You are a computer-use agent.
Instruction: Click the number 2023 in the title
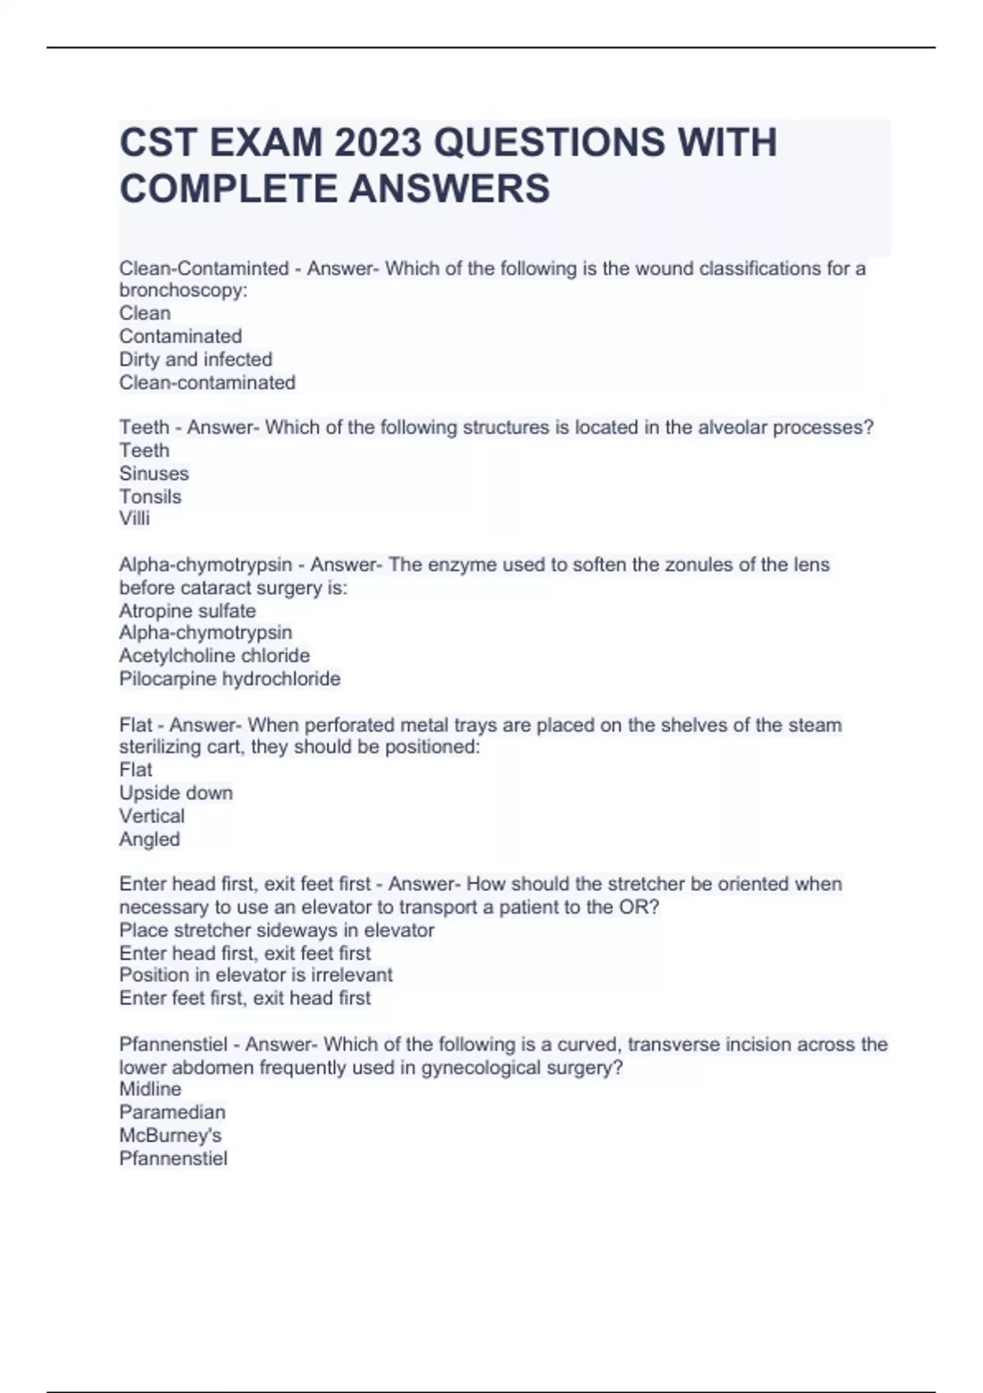[x=378, y=143]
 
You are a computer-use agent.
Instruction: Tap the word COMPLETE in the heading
[x=229, y=188]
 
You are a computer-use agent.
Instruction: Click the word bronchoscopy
[x=183, y=291]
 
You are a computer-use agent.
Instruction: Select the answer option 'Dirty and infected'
[x=195, y=359]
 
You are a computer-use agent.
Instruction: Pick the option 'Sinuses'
[x=154, y=474]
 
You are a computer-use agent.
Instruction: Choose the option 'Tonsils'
[x=150, y=497]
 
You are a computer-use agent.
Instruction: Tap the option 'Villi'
[x=134, y=519]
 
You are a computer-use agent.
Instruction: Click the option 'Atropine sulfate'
[x=187, y=610]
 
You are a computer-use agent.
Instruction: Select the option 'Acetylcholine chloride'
[x=214, y=656]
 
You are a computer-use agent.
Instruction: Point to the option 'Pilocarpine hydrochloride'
[x=229, y=678]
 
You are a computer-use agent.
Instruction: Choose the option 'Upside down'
[x=175, y=792]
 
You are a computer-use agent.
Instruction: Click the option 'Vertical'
[x=152, y=815]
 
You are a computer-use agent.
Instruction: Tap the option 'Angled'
[x=149, y=838]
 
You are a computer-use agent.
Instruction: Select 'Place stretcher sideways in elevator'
[x=276, y=930]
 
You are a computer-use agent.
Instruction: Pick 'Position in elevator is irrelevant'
[x=256, y=975]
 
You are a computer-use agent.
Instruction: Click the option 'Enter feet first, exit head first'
[x=245, y=998]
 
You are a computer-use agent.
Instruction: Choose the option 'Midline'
[x=150, y=1089]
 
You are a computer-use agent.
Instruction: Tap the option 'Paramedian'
[x=172, y=1112]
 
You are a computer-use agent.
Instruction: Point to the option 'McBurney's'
[x=170, y=1135]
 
